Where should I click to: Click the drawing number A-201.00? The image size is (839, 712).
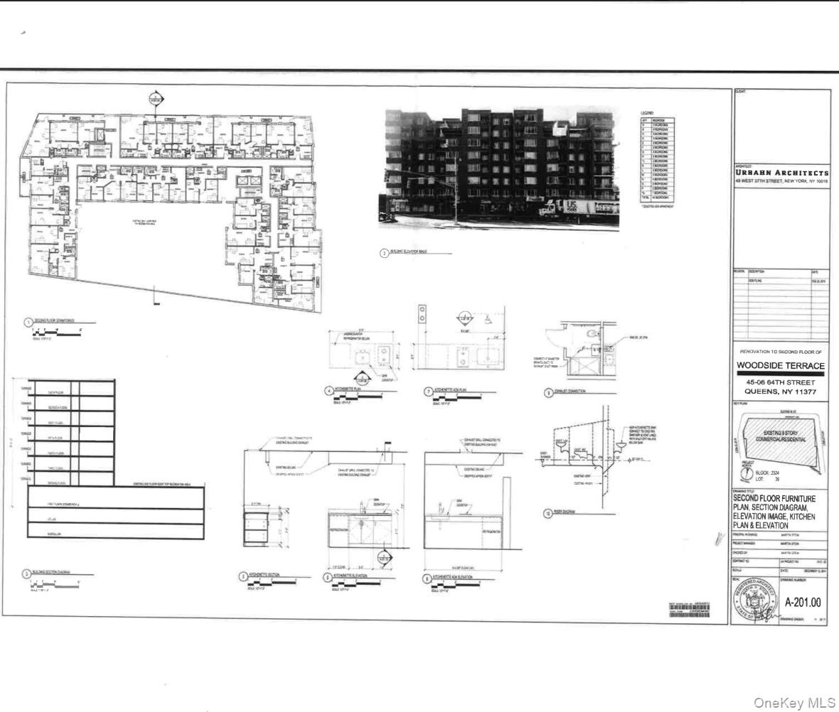point(803,603)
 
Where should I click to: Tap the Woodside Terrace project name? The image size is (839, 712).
point(781,365)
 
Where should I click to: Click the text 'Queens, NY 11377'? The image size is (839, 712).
point(781,392)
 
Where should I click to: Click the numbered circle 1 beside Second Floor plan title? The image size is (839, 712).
point(28,322)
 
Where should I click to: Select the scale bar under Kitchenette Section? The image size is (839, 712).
point(270,586)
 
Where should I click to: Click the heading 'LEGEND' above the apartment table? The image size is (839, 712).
point(647,114)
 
